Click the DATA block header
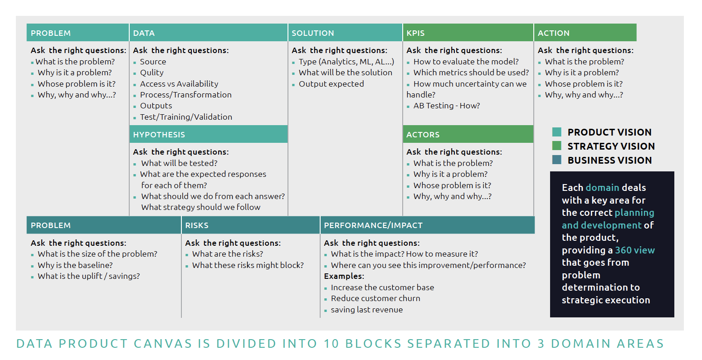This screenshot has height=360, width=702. [x=208, y=33]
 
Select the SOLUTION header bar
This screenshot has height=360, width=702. [x=345, y=33]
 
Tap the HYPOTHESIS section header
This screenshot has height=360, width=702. [x=208, y=135]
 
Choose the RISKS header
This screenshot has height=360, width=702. [x=250, y=225]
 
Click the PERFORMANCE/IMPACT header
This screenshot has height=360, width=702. [x=427, y=225]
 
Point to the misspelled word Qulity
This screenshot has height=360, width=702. [x=151, y=73]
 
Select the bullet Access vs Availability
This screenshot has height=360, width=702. [x=179, y=84]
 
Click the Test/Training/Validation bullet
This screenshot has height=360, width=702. [x=186, y=117]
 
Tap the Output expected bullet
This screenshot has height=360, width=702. [x=331, y=84]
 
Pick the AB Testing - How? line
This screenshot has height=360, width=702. [x=446, y=106]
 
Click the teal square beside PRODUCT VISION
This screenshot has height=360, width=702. [x=557, y=132]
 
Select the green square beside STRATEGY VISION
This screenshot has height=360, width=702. [x=557, y=146]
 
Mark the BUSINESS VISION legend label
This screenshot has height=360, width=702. [x=609, y=160]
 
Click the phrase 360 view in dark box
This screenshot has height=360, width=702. [x=635, y=250]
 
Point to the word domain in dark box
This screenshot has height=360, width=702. [x=602, y=188]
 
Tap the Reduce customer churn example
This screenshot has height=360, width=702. [x=375, y=298]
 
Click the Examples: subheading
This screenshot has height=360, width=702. [x=344, y=276]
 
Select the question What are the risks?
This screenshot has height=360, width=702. [x=227, y=254]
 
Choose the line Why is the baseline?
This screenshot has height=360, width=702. [x=75, y=265]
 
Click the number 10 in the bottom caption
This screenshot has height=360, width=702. [x=331, y=344]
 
